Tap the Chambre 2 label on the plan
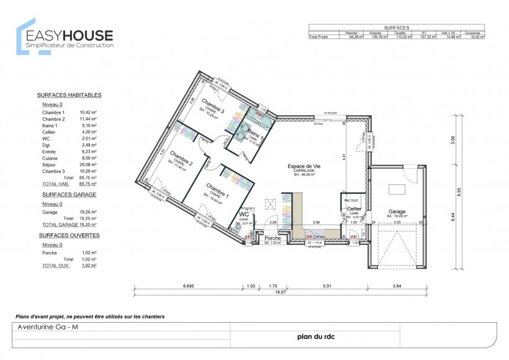coord(181,158)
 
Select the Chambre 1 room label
coord(217,188)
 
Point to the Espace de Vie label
coord(304,166)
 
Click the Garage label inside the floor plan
coord(397,211)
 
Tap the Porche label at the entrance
coord(273,238)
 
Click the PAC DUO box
coord(349,200)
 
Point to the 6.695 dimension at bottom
coord(189,286)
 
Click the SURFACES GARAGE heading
coord(69,194)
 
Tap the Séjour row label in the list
coord(50,164)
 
